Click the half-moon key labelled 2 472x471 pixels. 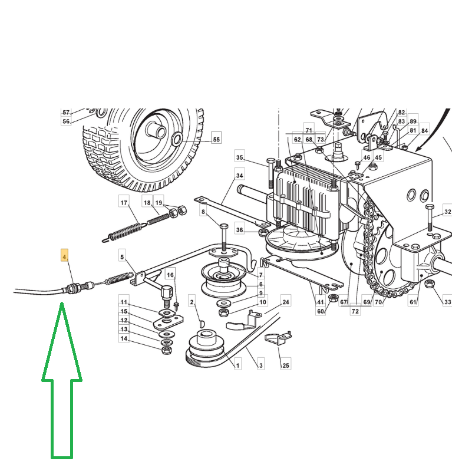point(202,324)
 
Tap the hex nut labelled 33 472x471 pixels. point(429,284)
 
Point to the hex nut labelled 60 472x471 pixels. point(333,298)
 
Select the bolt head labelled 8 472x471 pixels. point(224,226)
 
